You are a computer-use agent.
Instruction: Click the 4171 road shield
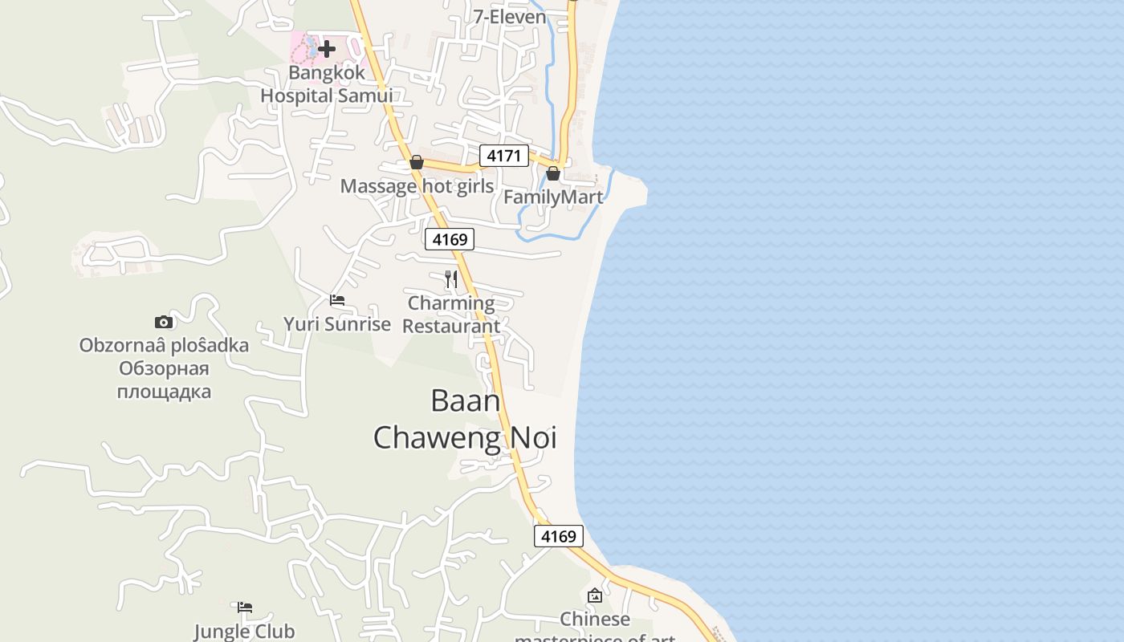(504, 156)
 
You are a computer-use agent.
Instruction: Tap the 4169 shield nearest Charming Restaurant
(450, 239)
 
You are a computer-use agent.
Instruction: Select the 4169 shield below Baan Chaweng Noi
(559, 536)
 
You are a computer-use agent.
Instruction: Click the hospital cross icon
(327, 49)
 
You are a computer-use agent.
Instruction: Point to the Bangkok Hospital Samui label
(327, 84)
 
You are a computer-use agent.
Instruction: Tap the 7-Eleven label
(509, 17)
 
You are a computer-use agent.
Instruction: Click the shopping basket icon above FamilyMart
(553, 173)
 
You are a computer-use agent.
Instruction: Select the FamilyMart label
(553, 197)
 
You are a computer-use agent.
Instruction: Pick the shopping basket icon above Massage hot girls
(417, 162)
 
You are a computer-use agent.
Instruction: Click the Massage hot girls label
(417, 186)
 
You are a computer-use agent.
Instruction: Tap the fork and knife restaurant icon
(451, 279)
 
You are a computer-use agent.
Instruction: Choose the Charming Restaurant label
(451, 315)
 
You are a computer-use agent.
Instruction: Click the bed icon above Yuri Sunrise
(337, 300)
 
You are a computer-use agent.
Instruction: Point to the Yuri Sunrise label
(337, 324)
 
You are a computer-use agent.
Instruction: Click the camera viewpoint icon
(164, 322)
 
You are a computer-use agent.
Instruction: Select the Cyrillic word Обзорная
(164, 369)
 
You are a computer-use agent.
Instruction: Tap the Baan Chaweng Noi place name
(465, 419)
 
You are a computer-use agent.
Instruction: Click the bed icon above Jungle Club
(245, 607)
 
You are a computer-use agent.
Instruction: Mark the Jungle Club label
(245, 632)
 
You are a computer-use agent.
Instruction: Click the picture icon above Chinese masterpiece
(595, 595)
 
